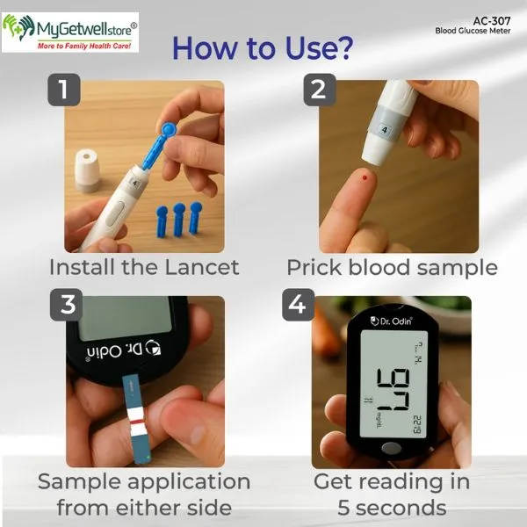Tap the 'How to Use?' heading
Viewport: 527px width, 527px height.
pyautogui.click(x=263, y=48)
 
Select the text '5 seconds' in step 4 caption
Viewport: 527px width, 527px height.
pyautogui.click(x=392, y=507)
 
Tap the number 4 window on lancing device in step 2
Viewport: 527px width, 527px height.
pyautogui.click(x=383, y=127)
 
